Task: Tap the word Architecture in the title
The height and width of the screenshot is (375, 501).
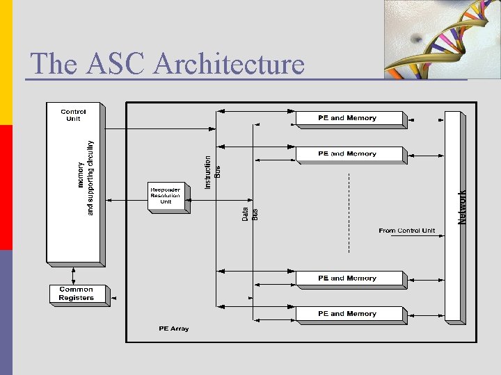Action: pyautogui.click(x=229, y=64)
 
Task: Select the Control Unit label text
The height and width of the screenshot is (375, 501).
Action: pyautogui.click(x=73, y=115)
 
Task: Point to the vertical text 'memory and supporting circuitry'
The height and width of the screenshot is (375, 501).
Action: pyautogui.click(x=85, y=178)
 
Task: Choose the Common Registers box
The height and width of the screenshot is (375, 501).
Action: pyautogui.click(x=77, y=294)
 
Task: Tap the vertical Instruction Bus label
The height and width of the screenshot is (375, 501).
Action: pyautogui.click(x=212, y=172)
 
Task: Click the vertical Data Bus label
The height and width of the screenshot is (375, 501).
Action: pyautogui.click(x=250, y=214)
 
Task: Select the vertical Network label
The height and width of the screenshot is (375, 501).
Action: pyautogui.click(x=463, y=207)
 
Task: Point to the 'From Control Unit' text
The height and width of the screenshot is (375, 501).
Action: pyautogui.click(x=407, y=231)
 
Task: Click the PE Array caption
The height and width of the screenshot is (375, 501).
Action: pyautogui.click(x=173, y=328)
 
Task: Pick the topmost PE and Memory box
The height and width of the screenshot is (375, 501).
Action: pyautogui.click(x=349, y=118)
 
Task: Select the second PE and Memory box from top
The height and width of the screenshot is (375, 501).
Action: pyautogui.click(x=349, y=154)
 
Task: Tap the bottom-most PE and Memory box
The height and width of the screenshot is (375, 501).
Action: pyautogui.click(x=349, y=314)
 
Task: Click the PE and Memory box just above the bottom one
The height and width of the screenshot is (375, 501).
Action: pyautogui.click(x=349, y=278)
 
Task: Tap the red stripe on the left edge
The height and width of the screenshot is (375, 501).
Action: pyautogui.click(x=6, y=187)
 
